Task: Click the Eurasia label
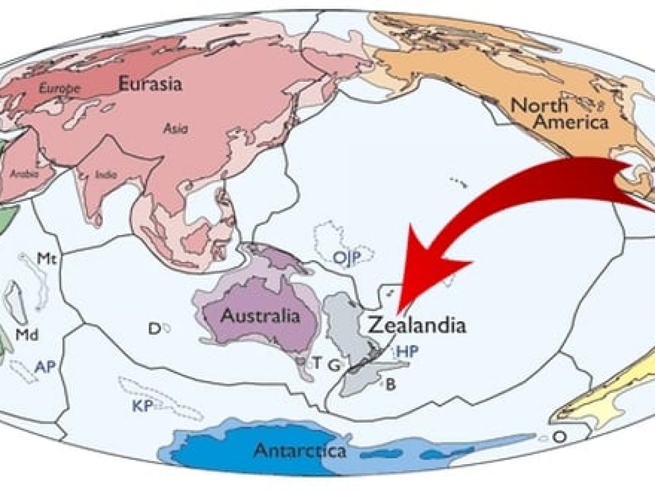coord(150,84)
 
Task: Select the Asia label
coord(175,129)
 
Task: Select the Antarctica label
coord(300,451)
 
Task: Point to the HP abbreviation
coord(408,352)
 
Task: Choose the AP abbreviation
coord(45,366)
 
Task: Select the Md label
coord(27,336)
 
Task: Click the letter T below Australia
coord(316,363)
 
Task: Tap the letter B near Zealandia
coord(391,384)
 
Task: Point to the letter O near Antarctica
coord(558,436)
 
